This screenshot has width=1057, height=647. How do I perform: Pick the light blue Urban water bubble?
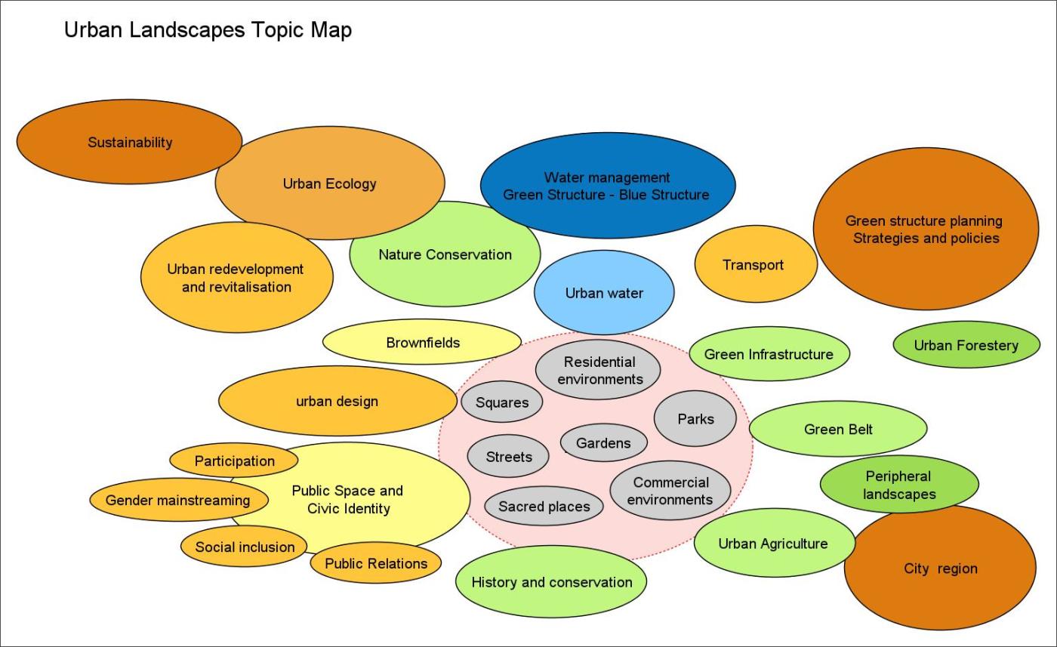tap(604, 293)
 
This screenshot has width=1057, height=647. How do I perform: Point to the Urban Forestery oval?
tap(966, 346)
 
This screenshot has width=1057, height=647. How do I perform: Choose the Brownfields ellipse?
tap(422, 343)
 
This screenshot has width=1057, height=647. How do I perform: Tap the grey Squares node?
tap(502, 402)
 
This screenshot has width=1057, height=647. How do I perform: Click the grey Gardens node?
tap(603, 443)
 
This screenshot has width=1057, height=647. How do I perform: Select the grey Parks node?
tap(695, 419)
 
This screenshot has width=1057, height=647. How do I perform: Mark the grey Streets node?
tap(508, 457)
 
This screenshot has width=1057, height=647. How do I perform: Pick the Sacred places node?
tap(544, 507)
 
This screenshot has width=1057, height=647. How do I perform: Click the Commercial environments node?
tap(670, 491)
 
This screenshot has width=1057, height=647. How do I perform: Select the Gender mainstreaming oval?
tap(178, 500)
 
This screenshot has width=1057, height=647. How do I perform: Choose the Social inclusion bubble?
tap(245, 547)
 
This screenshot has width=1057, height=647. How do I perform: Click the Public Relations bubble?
tap(375, 563)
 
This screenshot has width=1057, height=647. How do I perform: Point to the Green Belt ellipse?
tap(838, 429)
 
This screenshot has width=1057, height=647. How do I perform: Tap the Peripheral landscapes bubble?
tap(898, 485)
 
